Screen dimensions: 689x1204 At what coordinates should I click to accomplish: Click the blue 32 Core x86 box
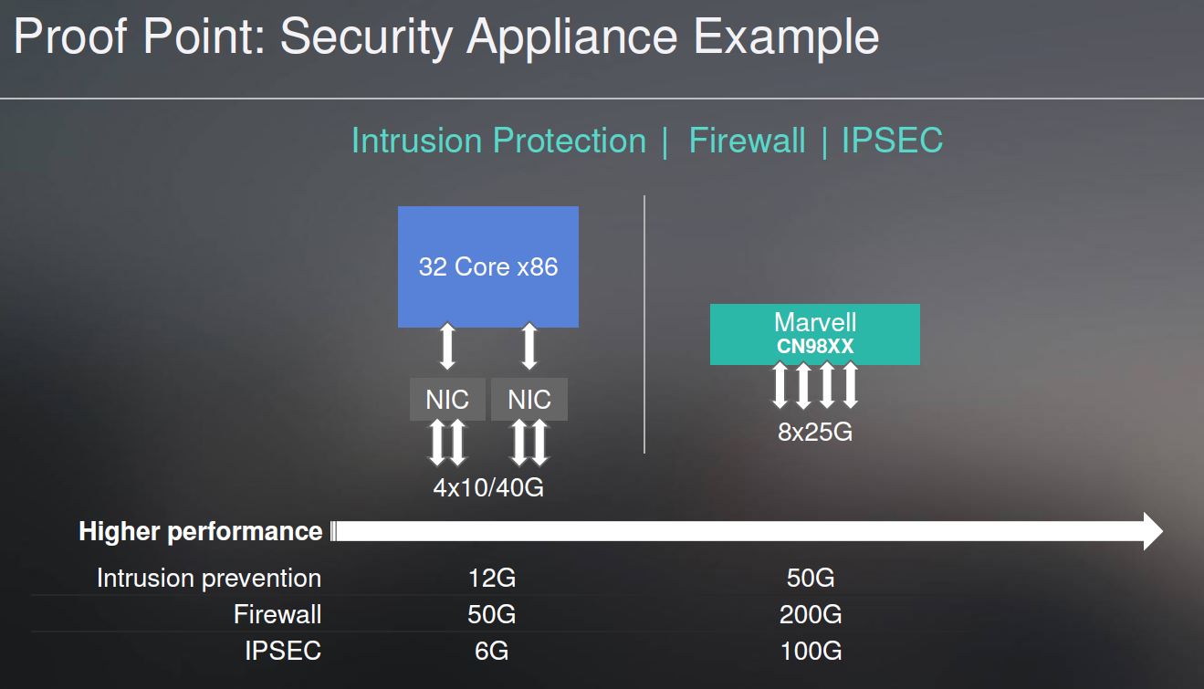pyautogui.click(x=487, y=266)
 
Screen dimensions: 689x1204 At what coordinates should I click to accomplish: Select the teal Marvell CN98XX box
pyautogui.click(x=814, y=334)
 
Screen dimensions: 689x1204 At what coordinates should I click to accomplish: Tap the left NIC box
pyautogui.click(x=447, y=400)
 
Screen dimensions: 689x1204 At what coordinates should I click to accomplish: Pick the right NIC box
pyautogui.click(x=529, y=400)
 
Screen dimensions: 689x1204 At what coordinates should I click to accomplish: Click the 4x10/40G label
pyautogui.click(x=488, y=487)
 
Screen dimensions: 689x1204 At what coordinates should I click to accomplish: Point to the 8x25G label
pyautogui.click(x=814, y=432)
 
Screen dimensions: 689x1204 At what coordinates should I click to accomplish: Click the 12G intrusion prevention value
pyautogui.click(x=491, y=579)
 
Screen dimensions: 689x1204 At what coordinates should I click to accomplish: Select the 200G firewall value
pyautogui.click(x=811, y=615)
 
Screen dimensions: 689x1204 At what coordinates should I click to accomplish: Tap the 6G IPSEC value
pyautogui.click(x=491, y=652)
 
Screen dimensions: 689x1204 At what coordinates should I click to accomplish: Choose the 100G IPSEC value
pyautogui.click(x=811, y=652)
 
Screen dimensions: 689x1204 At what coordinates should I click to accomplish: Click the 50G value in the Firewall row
pyautogui.click(x=491, y=615)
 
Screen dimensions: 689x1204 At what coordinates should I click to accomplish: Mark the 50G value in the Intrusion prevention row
pyautogui.click(x=811, y=579)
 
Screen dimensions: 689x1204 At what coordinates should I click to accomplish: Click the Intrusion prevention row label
pyautogui.click(x=209, y=579)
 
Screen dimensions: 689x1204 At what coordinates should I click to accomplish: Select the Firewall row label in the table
pyautogui.click(x=277, y=615)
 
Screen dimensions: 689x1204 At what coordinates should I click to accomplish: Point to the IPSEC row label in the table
pyautogui.click(x=283, y=652)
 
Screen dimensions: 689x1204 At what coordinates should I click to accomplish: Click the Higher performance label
pyautogui.click(x=201, y=531)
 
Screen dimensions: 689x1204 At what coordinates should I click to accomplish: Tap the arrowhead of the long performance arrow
pyautogui.click(x=1152, y=531)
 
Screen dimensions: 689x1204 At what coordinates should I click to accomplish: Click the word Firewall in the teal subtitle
pyautogui.click(x=747, y=141)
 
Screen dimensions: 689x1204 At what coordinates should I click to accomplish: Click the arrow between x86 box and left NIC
pyautogui.click(x=447, y=347)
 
